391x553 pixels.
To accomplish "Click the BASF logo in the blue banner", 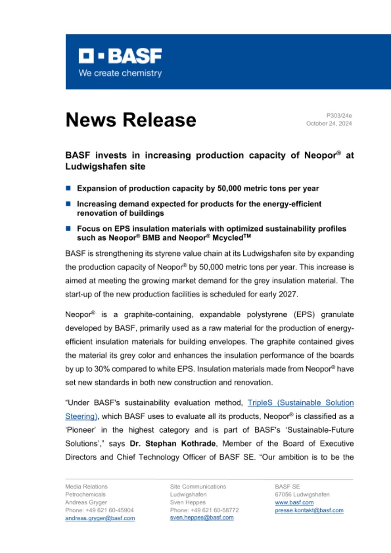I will pos(120,56).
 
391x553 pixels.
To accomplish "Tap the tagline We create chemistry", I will pos(120,73).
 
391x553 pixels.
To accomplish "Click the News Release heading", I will pos(130,120).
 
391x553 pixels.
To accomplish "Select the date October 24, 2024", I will pos(329,124).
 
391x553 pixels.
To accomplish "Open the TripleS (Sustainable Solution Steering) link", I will pos(301,403).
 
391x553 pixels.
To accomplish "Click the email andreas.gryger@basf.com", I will pos(100,518).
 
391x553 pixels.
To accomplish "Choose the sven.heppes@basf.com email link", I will pos(202,518).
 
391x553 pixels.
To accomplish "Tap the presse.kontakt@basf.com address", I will pos(309,510).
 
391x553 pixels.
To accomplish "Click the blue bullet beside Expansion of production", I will pos(68,188).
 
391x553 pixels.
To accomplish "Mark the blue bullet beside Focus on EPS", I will pos(68,228).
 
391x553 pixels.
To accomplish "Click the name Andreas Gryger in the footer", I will pos(86,502).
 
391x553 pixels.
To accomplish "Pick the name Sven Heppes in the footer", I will pos(188,502).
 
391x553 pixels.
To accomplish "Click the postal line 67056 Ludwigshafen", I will pos(302,494).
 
